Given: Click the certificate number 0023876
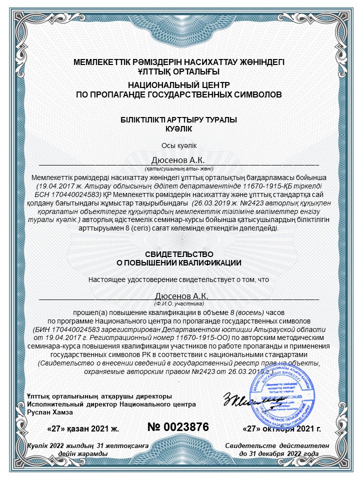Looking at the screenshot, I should pos(178,427).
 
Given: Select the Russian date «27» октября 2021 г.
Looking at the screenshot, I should pos(281,428).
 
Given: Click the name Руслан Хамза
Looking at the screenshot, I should pos(50,412).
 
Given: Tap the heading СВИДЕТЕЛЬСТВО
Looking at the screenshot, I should pos(179,254).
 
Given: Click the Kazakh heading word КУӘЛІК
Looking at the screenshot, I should pos(179,128).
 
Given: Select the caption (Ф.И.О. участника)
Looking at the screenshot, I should pos(179,303).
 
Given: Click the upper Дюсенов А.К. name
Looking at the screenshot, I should pos(179,160).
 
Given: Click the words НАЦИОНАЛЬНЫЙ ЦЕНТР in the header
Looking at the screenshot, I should pos(179,85).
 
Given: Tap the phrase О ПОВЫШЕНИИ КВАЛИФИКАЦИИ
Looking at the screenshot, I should pos(179,262).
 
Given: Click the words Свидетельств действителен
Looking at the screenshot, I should pos(277,445).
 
